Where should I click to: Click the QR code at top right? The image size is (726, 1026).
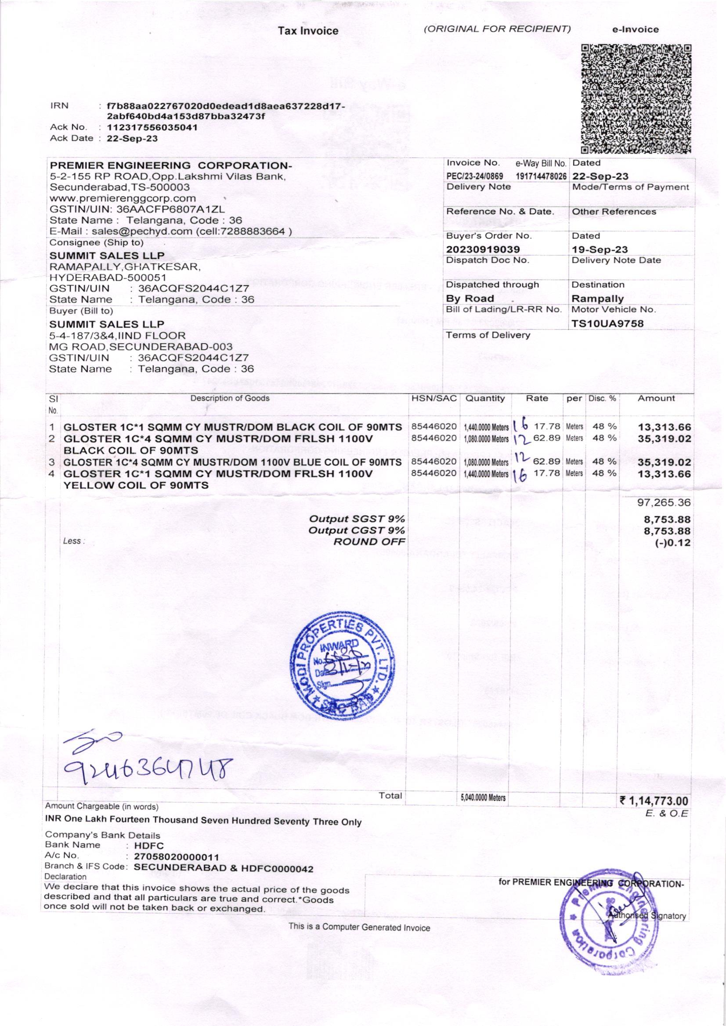[636, 98]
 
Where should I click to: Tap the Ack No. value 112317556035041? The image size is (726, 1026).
[152, 127]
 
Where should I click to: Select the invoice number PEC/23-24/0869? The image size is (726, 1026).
[475, 176]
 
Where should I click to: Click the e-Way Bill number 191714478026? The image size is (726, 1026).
[541, 176]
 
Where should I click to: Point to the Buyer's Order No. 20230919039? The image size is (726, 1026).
[483, 249]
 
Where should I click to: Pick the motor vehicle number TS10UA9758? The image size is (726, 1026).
[607, 323]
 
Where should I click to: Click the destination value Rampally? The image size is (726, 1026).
[597, 298]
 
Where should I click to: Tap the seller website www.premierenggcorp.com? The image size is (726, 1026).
[123, 198]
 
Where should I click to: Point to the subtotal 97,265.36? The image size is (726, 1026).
[664, 503]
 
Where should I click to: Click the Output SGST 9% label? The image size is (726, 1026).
[357, 519]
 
